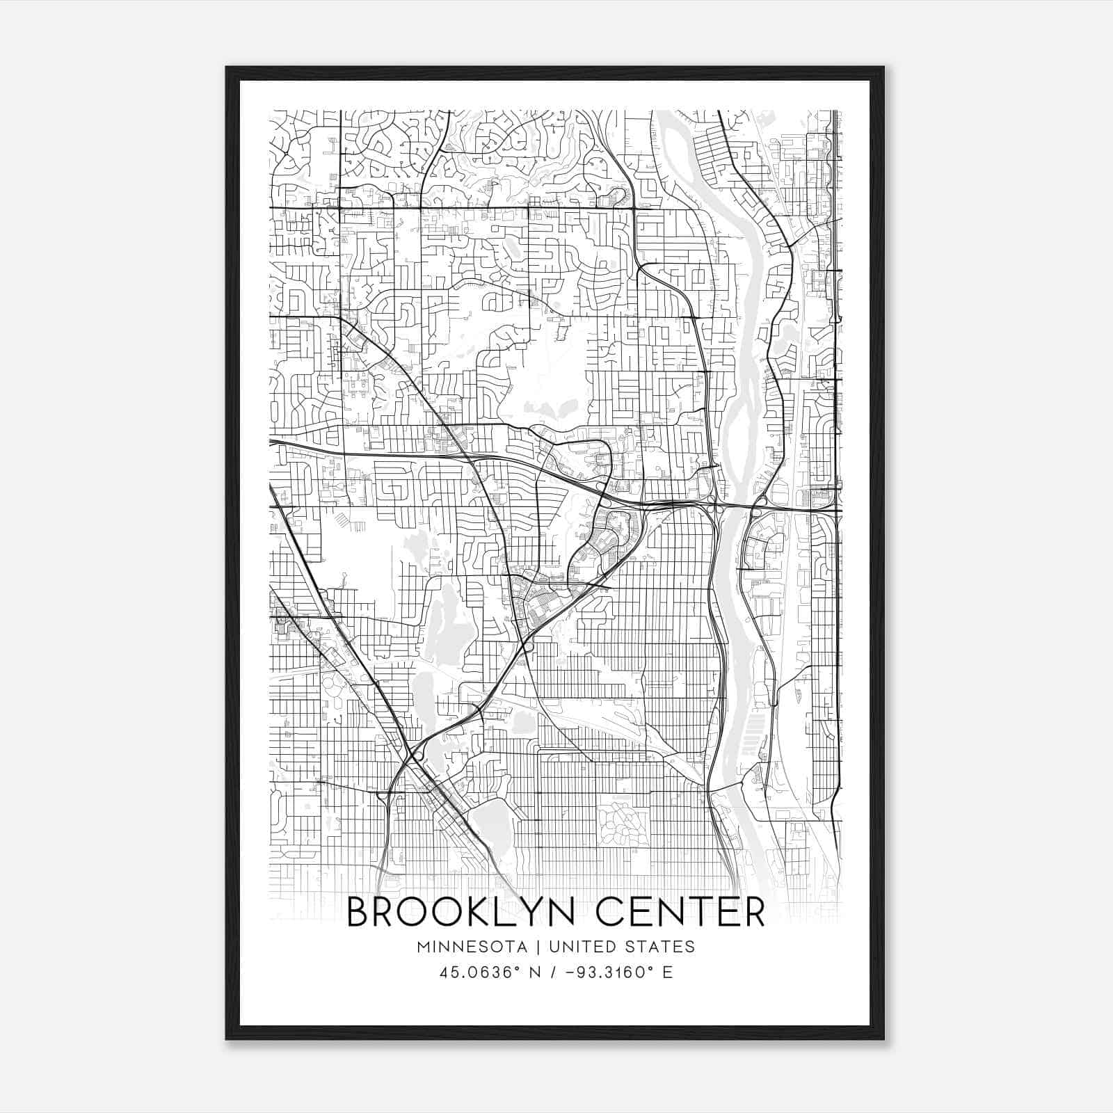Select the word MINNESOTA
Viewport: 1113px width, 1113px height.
pos(477,947)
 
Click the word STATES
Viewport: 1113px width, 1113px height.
pos(660,947)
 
